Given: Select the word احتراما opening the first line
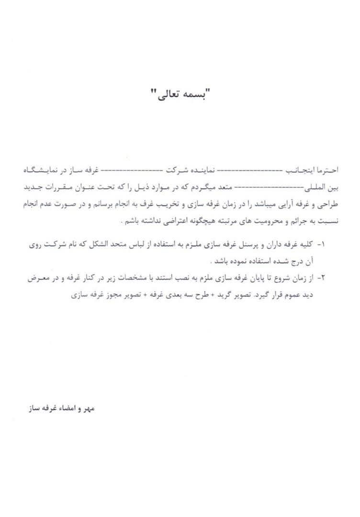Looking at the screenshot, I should [327, 170].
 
